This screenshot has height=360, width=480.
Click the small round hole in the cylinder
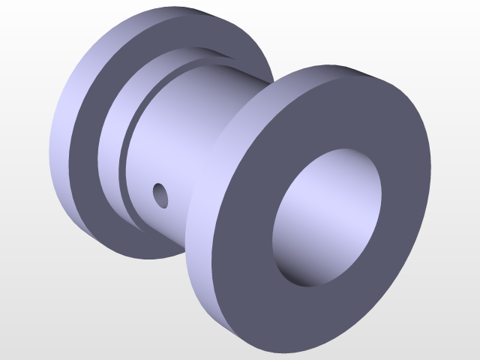(x=160, y=193)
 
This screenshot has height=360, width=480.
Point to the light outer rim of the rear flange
(x=64, y=150)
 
